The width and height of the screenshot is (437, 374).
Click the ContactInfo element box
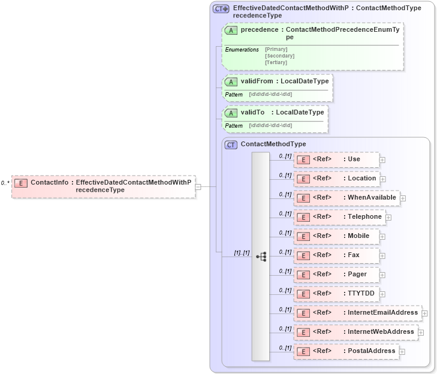pos(103,186)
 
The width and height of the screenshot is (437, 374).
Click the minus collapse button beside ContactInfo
pos(198,186)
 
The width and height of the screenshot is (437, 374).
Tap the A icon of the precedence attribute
pos(231,30)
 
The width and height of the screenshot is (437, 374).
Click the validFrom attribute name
pos(257,81)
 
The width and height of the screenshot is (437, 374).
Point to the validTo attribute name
pos(252,112)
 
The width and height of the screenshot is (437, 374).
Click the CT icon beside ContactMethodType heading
pos(231,144)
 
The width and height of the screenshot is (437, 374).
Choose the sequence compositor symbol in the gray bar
pos(261,256)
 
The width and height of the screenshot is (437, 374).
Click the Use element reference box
pos(336,159)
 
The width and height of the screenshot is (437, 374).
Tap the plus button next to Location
pos(382,179)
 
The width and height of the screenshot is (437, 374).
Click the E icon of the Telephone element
pos(303,217)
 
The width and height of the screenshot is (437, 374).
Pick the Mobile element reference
pos(336,236)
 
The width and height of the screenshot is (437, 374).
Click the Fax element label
pos(354,255)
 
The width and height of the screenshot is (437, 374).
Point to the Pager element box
pos(336,275)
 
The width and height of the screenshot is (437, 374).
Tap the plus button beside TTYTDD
pos(382,294)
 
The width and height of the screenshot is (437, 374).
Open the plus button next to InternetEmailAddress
pos(424,313)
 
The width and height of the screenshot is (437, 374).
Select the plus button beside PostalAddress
pos(402,351)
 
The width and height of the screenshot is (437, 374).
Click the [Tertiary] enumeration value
pos(276,62)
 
